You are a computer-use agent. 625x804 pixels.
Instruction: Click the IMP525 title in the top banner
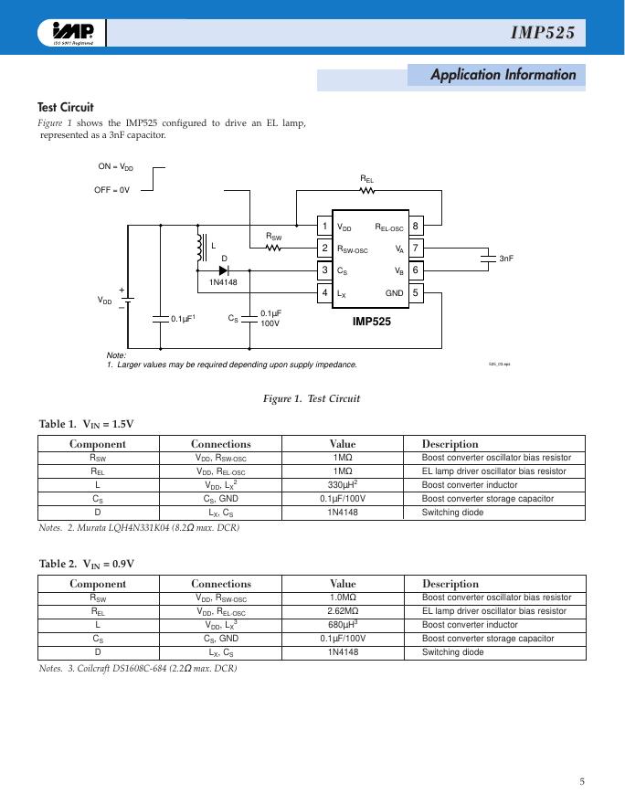[543, 34]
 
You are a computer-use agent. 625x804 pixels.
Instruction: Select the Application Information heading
[503, 75]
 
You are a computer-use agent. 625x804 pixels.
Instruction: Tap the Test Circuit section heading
[65, 107]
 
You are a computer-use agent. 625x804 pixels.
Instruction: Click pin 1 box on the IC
[324, 226]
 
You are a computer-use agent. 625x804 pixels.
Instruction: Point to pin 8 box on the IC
[416, 226]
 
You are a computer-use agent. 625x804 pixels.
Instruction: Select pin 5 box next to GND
[416, 292]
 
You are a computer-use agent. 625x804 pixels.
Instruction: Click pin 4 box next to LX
[324, 292]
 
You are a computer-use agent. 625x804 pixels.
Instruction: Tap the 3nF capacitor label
[506, 259]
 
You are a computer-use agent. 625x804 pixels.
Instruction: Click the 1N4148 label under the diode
[223, 281]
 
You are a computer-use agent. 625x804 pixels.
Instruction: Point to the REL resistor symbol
[366, 191]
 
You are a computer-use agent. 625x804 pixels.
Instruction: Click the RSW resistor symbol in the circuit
[273, 248]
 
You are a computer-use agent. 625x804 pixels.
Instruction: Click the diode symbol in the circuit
[223, 270]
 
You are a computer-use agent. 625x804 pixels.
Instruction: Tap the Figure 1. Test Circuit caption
[312, 398]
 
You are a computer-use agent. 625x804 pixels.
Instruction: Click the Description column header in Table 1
[450, 444]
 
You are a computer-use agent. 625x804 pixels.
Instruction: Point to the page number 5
[582, 781]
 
